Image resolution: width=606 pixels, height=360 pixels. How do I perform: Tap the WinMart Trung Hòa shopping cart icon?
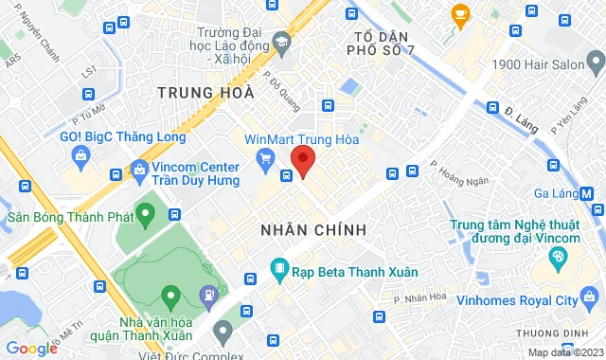coord(265,156)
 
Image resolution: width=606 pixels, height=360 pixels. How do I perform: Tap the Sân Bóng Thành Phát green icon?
coord(145,216)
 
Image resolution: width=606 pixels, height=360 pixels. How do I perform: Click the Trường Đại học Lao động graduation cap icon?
coord(281,43)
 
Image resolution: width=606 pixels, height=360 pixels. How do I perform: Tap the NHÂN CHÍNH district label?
coord(312,230)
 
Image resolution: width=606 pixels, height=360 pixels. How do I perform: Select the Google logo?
coord(31,349)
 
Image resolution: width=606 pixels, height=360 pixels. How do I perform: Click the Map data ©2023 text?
coord(563,352)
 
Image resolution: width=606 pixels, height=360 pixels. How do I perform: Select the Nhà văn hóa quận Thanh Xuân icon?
coord(170,296)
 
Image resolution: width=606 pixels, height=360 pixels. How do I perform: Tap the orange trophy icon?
coord(461,13)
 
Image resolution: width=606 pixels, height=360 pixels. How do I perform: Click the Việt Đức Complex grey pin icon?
coord(223,331)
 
